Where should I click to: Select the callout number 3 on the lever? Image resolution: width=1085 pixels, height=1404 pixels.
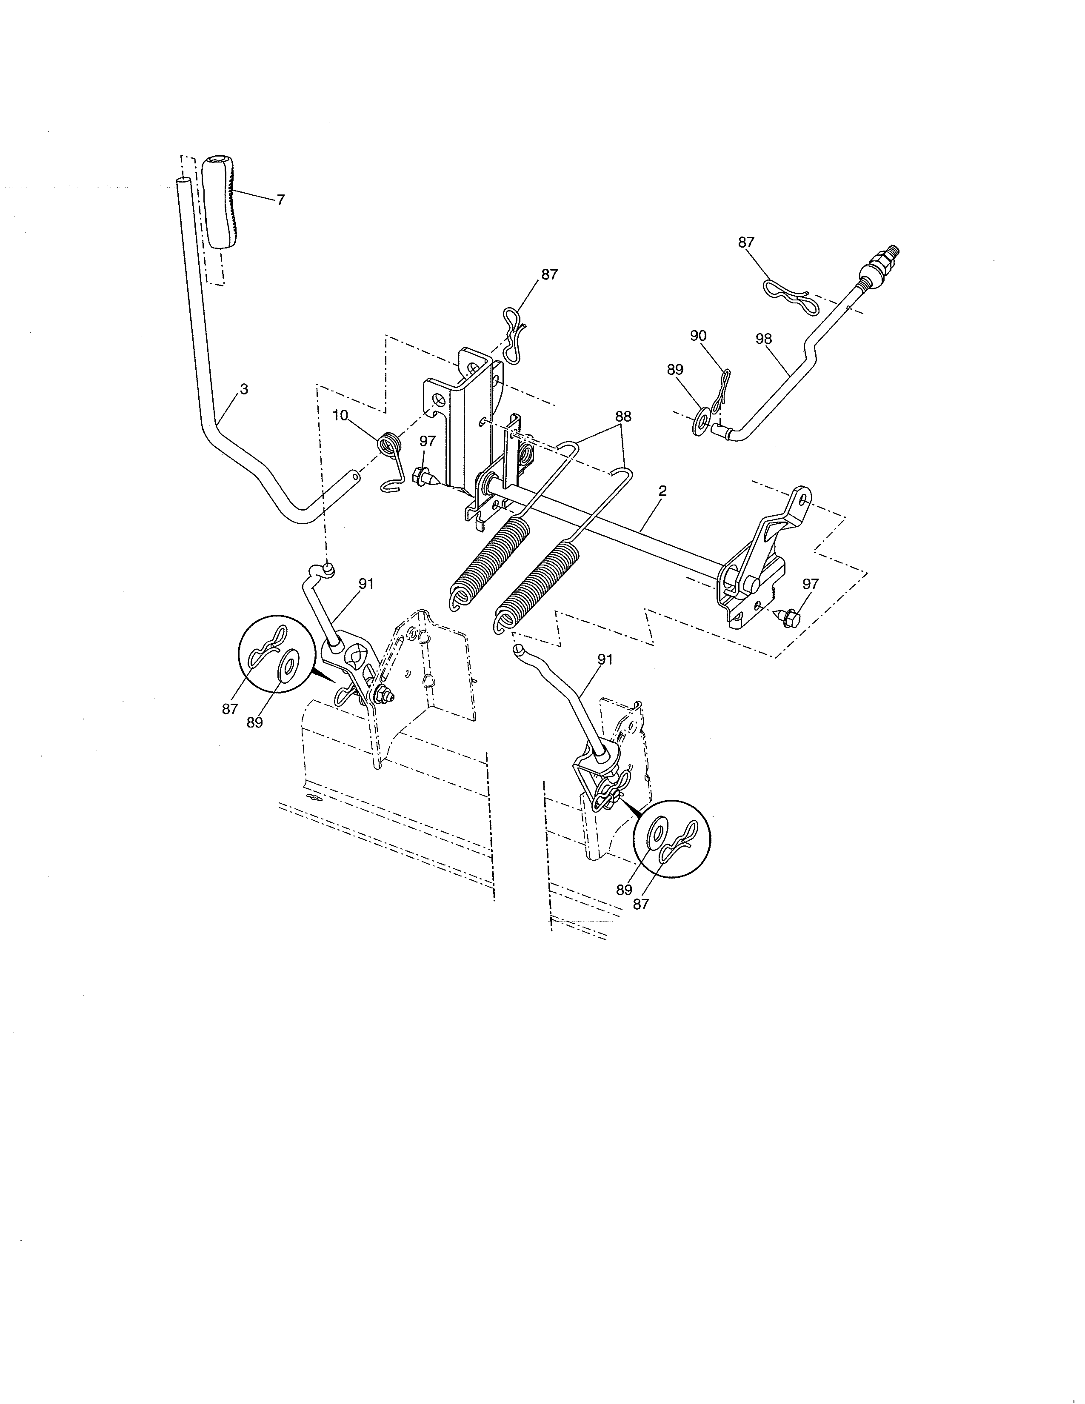[244, 389]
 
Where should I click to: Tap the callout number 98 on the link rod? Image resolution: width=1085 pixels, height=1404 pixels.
[764, 339]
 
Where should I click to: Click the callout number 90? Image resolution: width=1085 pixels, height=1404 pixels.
[698, 336]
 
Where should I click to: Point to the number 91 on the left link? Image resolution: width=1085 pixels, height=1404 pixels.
[366, 584]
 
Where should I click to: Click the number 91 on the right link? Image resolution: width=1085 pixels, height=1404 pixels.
[605, 659]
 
